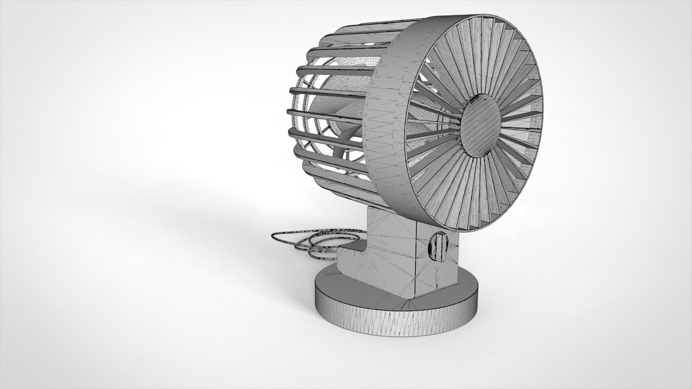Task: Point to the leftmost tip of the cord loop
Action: click(273, 237)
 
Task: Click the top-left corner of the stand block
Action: click(368, 209)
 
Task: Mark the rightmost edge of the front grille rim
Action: click(543, 125)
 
